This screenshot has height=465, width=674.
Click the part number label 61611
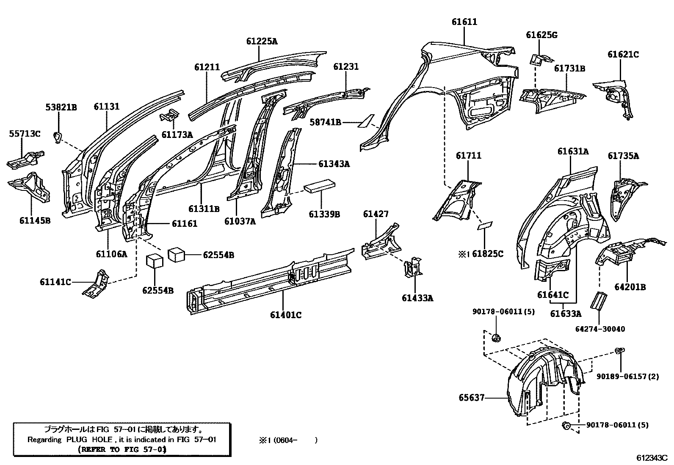pyautogui.click(x=464, y=22)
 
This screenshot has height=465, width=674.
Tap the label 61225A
pyautogui.click(x=262, y=41)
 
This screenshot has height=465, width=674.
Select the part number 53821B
pyautogui.click(x=61, y=107)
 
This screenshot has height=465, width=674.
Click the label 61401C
pyautogui.click(x=286, y=315)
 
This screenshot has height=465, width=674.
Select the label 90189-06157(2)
pyautogui.click(x=628, y=376)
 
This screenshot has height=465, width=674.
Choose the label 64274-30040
pyautogui.click(x=600, y=329)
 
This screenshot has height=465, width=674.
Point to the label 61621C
pyautogui.click(x=623, y=55)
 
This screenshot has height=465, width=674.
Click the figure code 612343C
pyautogui.click(x=652, y=458)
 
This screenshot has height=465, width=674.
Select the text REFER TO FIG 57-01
pyautogui.click(x=122, y=449)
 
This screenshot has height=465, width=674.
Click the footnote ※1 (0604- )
pyautogui.click(x=288, y=440)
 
